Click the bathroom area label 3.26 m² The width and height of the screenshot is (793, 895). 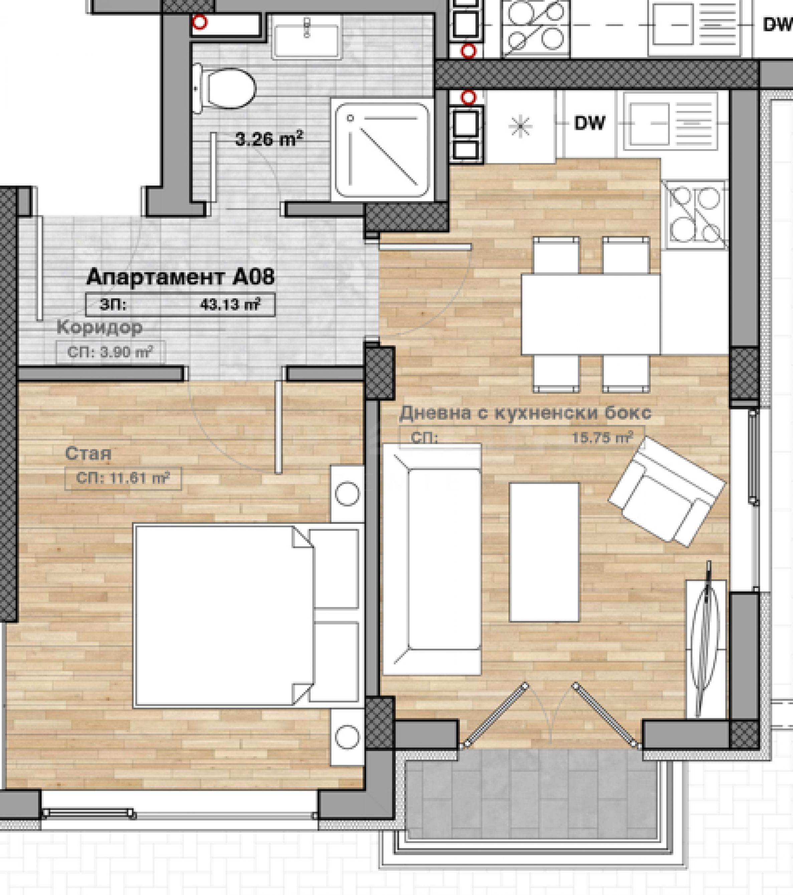269,139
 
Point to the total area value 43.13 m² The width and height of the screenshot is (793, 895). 230,304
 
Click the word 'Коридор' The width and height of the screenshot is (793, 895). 100,327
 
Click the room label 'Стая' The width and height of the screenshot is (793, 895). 88,454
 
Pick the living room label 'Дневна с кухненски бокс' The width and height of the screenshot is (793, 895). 525,412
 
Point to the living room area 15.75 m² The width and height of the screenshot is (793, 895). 602,437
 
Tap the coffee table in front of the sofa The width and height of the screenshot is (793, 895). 545,552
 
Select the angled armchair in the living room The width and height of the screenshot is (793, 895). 667,492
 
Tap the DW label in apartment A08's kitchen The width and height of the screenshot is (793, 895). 590,123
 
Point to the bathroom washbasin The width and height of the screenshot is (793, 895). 307,36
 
